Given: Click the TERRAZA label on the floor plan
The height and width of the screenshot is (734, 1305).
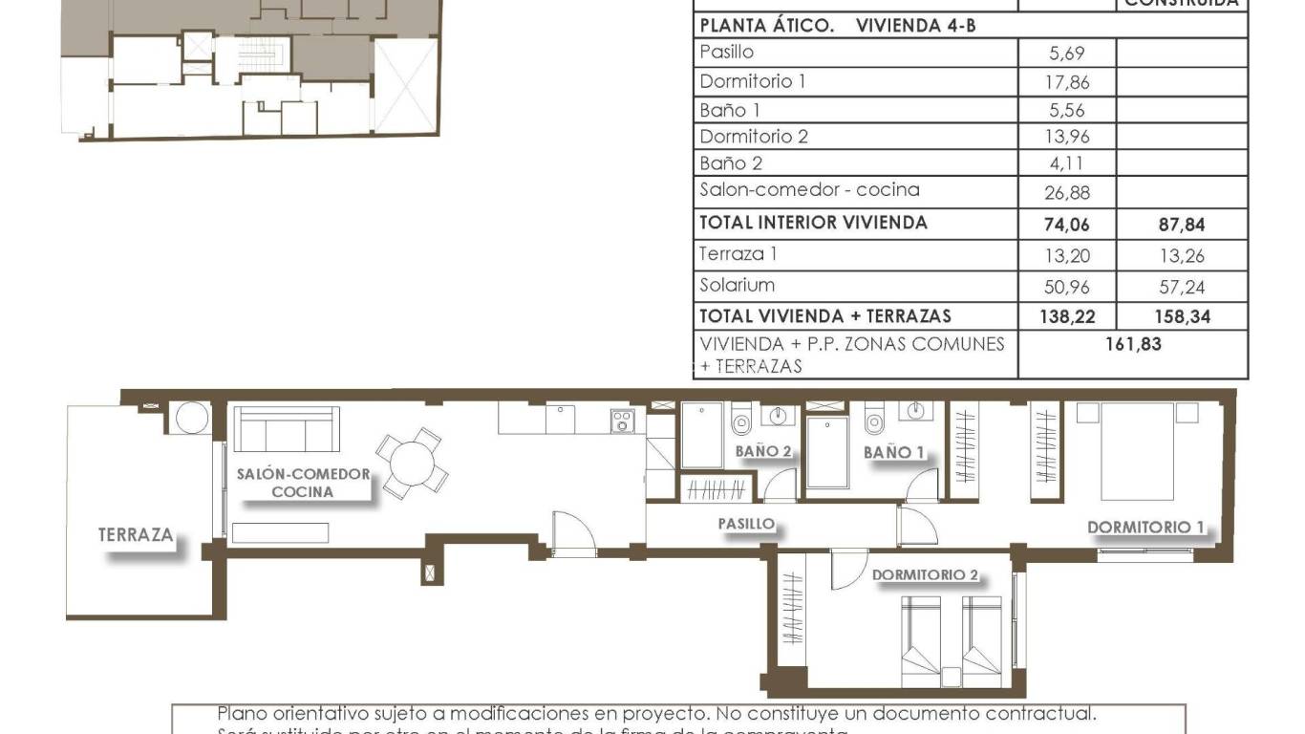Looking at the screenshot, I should pos(136,535).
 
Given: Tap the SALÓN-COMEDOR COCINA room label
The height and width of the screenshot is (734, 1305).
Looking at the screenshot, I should pos(303,483).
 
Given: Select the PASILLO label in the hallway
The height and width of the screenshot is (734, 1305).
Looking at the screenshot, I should pos(746,524).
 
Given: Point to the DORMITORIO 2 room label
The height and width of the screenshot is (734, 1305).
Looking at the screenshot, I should pos(925,575).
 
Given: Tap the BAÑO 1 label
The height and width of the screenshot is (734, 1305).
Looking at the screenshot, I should pos(894,452).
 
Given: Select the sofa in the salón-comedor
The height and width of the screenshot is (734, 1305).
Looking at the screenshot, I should pos(288,429).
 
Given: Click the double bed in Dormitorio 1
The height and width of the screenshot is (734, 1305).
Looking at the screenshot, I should pos(1137,450).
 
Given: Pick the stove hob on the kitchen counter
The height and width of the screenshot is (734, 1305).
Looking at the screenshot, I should pos(623,421).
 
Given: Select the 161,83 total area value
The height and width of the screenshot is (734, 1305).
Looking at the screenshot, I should pos(1133,344).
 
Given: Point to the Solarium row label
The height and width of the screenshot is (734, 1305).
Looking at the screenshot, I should pos(737,285).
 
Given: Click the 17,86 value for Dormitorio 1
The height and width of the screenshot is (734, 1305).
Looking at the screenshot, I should pos(1066,82).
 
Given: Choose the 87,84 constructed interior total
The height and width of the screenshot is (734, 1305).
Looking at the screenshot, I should pos(1181,226).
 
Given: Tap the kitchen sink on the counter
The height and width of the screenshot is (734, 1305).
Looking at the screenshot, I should pos(560,419).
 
